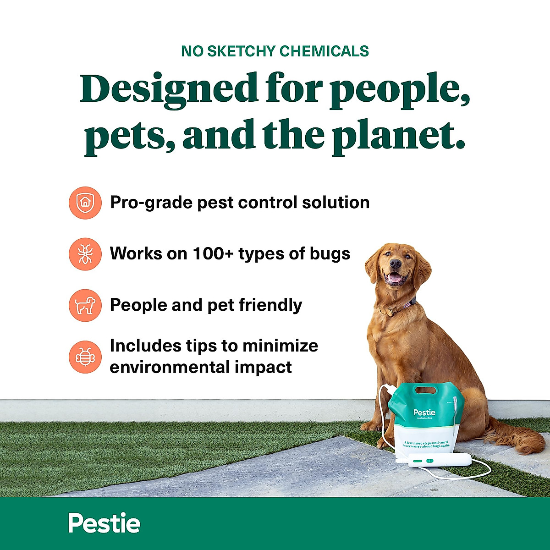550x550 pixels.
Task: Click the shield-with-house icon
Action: point(85,203)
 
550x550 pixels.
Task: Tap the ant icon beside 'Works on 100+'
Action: point(85,254)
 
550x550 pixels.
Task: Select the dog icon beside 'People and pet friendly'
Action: point(85,305)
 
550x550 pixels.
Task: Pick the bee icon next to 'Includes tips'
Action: point(85,357)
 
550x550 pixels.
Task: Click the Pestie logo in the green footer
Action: point(104,523)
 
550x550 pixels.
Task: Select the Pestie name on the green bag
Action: point(424,412)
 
